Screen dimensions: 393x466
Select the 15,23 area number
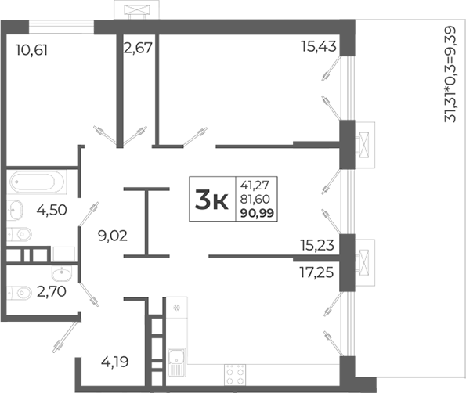coord(317,244)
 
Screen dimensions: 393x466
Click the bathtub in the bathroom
coord(37,183)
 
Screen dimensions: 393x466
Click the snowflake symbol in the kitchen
coord(177,305)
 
